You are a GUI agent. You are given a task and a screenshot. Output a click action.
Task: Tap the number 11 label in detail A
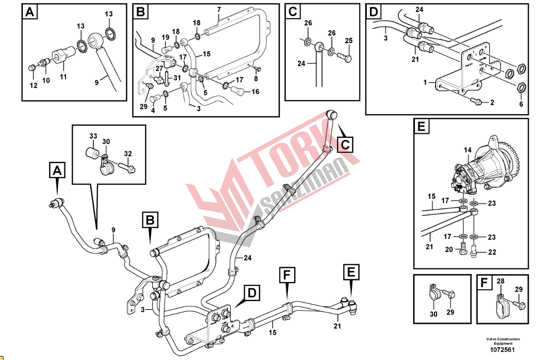click(63, 77)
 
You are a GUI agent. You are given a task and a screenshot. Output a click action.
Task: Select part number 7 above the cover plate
click(219, 9)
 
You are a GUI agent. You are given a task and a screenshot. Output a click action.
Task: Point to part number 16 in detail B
click(255, 92)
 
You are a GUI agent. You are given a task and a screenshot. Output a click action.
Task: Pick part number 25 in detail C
click(348, 41)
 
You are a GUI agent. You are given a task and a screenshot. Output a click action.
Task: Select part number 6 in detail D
click(521, 104)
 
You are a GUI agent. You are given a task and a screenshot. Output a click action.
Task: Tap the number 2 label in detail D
click(492, 102)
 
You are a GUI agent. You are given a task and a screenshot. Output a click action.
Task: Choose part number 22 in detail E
click(492, 252)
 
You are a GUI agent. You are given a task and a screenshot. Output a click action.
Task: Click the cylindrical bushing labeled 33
click(92, 151)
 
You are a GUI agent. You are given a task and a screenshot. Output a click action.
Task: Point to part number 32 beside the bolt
click(128, 153)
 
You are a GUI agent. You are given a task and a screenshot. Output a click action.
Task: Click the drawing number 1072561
click(502, 350)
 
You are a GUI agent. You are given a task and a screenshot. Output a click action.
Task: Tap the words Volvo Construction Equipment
click(503, 341)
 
